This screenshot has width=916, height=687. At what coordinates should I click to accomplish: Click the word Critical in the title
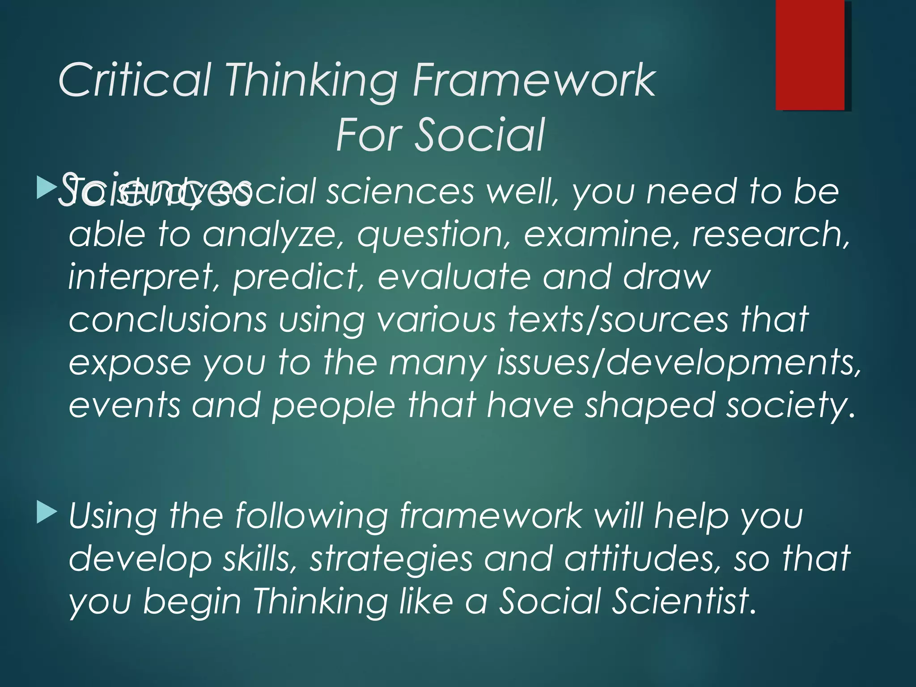click(134, 81)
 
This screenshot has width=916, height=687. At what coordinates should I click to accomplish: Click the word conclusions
click(168, 320)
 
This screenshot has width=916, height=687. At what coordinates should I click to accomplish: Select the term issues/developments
click(678, 363)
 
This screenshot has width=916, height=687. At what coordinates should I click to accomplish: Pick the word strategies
click(391, 559)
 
